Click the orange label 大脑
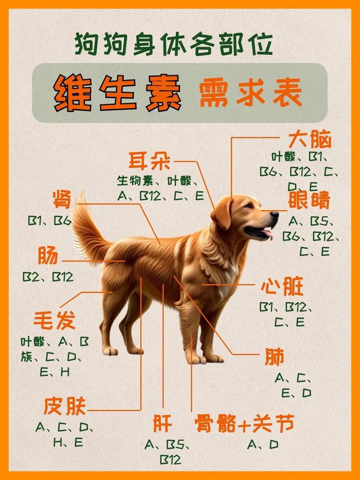tap(310, 140)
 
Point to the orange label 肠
tap(48, 256)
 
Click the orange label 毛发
tap(54, 321)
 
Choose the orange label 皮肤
tap(65, 406)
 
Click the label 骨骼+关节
tap(245, 424)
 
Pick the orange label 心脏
tap(282, 287)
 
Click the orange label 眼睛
tap(309, 200)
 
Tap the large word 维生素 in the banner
tap(118, 93)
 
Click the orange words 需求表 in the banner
tap(250, 94)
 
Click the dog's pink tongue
tap(268, 233)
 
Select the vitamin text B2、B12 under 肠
tap(48, 276)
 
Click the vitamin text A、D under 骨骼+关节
tap(262, 445)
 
